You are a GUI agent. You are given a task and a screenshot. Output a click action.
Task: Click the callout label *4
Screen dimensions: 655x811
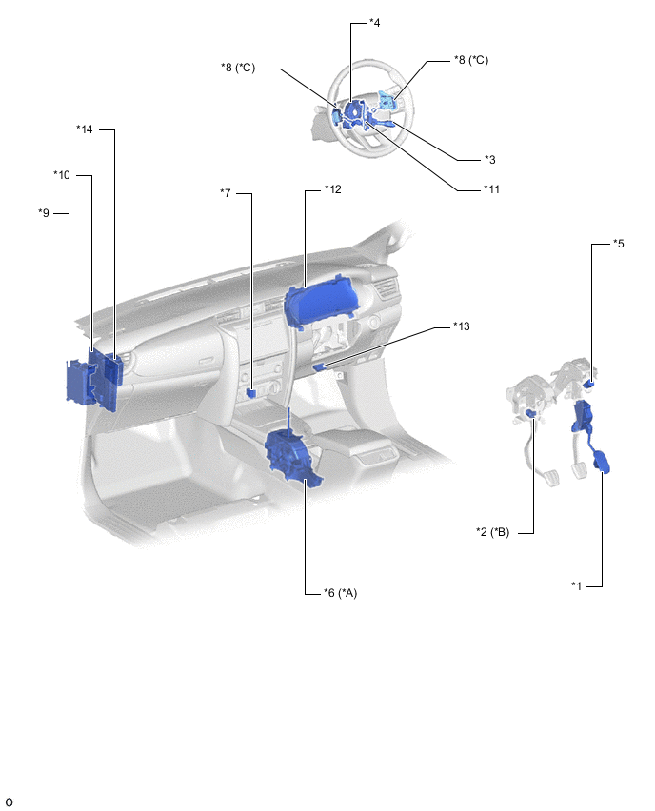(374, 23)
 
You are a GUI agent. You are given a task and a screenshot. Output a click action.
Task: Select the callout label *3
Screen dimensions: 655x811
(490, 160)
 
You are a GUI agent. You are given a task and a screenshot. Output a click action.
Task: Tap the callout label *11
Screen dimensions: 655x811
(492, 189)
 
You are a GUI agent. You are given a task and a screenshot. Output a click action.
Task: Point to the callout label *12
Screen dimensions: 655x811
(333, 189)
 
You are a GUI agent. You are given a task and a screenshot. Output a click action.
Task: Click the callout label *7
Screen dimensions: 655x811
(226, 193)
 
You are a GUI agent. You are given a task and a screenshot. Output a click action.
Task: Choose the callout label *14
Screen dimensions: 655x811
(85, 129)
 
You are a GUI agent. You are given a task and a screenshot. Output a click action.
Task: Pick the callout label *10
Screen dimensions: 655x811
(62, 175)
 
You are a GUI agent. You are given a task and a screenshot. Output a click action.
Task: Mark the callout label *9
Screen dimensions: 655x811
(44, 212)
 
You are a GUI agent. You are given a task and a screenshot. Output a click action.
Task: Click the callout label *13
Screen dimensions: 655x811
(462, 326)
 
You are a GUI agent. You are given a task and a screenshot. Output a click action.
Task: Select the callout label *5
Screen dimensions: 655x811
(619, 243)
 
